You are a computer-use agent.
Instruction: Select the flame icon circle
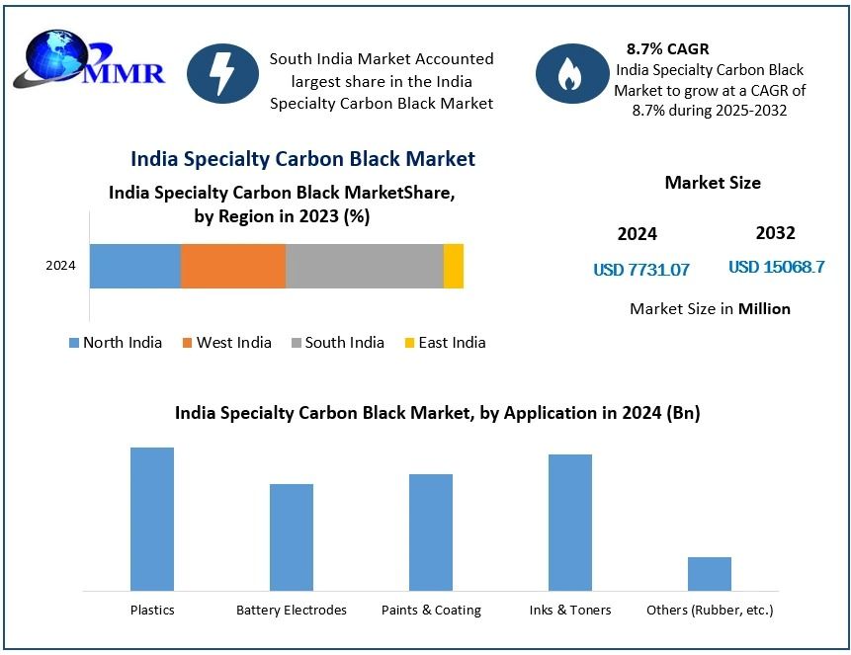pyautogui.click(x=570, y=74)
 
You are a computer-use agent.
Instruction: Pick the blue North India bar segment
pyautogui.click(x=135, y=266)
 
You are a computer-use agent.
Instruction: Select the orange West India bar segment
pyautogui.click(x=233, y=266)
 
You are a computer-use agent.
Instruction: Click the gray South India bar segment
pyautogui.click(x=364, y=266)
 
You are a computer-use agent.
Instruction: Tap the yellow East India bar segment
pyautogui.click(x=453, y=266)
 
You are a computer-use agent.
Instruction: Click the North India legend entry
pyautogui.click(x=115, y=343)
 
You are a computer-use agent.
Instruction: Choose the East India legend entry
pyautogui.click(x=444, y=343)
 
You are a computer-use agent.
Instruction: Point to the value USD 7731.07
pyautogui.click(x=641, y=269)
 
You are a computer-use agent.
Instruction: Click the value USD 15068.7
pyautogui.click(x=776, y=267)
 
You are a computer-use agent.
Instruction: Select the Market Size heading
pyautogui.click(x=713, y=183)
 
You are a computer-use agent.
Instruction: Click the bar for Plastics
pyautogui.click(x=152, y=519)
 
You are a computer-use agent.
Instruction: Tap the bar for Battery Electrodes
pyautogui.click(x=292, y=536)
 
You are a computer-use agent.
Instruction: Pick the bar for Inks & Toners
pyautogui.click(x=570, y=522)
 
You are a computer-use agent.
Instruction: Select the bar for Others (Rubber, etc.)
pyautogui.click(x=710, y=573)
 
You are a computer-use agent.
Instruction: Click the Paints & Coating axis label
pyautogui.click(x=431, y=611)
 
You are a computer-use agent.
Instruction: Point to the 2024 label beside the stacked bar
pyautogui.click(x=61, y=266)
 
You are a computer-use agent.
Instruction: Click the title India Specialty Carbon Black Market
pyautogui.click(x=302, y=159)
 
